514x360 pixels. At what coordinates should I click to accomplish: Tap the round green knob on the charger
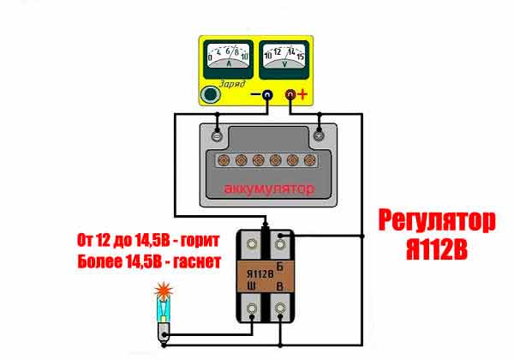click(x=209, y=93)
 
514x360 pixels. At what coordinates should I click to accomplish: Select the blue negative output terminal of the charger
click(x=266, y=93)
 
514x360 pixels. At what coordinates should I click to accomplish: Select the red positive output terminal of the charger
click(x=291, y=93)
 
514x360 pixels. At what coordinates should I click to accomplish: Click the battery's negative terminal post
click(x=218, y=135)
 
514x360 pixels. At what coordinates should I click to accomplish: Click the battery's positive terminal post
click(x=318, y=135)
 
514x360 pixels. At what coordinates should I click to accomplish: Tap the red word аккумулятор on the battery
click(x=267, y=188)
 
